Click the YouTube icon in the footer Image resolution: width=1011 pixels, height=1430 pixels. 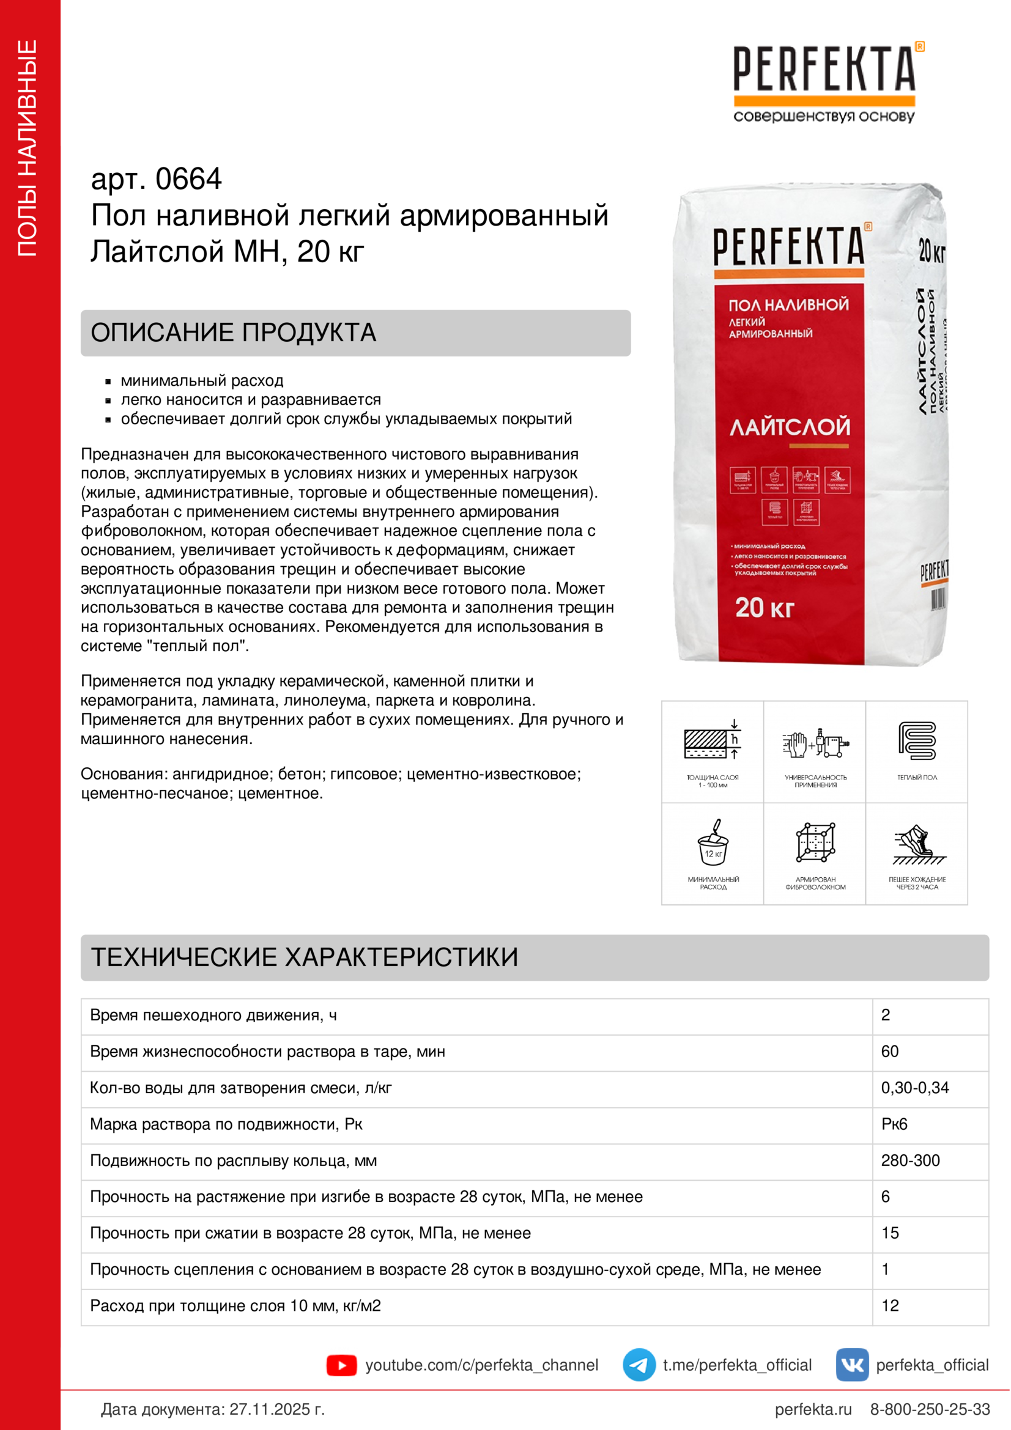pos(341,1365)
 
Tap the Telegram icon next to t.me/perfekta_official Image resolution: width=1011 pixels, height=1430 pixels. pos(639,1365)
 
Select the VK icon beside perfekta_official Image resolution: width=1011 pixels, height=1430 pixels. pos(851,1365)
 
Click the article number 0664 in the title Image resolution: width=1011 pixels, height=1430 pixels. pos(188,179)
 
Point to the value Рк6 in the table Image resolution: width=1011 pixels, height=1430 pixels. pos(894,1124)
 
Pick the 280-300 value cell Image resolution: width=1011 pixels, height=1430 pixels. pos(910,1160)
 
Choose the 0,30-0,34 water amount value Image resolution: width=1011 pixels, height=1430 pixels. pos(914,1088)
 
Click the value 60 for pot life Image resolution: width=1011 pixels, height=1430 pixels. pos(889,1052)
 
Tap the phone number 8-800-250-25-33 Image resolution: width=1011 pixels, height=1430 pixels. pos(930,1409)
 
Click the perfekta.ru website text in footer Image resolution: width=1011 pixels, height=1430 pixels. pos(813,1409)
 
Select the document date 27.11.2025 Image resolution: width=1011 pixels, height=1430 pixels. pos(276,1409)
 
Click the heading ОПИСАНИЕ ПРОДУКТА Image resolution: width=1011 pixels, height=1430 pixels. pos(234,333)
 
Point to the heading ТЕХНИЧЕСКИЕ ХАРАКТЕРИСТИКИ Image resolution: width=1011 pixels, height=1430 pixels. pos(305,957)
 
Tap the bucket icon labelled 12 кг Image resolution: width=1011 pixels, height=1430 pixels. pos(713,844)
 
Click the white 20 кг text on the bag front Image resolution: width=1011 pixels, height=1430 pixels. pos(765,608)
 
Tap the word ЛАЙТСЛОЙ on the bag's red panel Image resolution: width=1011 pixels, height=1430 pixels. pos(790,427)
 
